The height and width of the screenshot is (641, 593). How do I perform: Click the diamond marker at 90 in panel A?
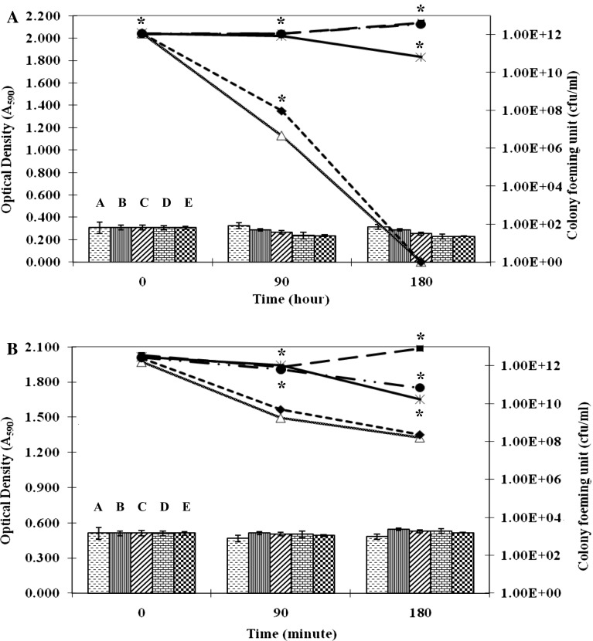tap(281, 111)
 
